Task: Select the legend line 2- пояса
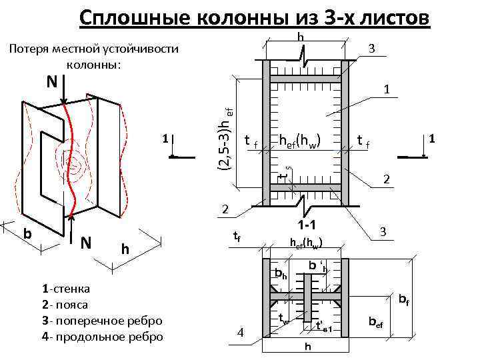[x=65, y=305]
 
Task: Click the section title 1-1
[x=307, y=225]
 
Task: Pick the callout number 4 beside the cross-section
[x=241, y=333]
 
